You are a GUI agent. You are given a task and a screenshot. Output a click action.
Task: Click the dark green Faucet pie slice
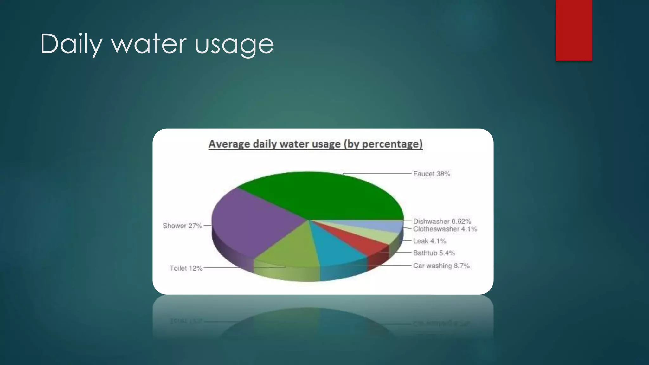click(x=320, y=195)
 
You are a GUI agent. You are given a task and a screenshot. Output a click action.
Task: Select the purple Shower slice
click(x=250, y=222)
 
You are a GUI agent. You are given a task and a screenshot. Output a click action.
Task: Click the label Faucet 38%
click(x=431, y=174)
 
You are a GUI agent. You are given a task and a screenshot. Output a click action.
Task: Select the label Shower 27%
click(x=182, y=226)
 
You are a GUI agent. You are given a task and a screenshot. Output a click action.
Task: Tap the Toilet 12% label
click(x=186, y=268)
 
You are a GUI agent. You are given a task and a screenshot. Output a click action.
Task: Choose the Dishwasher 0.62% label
click(x=442, y=221)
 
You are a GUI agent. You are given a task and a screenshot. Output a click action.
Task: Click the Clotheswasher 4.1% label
click(x=445, y=229)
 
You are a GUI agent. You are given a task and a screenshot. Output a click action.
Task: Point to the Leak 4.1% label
click(x=429, y=241)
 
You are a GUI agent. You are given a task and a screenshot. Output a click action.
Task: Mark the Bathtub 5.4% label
click(x=434, y=253)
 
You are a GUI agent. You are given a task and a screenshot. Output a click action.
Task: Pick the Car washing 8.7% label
click(x=441, y=266)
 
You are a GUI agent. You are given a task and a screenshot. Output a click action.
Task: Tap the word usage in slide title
click(x=234, y=44)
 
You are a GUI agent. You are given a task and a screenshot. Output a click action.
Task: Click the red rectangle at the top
click(x=574, y=30)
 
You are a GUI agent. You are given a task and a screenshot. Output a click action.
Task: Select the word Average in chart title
click(x=229, y=144)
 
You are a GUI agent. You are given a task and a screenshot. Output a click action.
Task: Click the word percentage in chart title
click(x=391, y=144)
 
